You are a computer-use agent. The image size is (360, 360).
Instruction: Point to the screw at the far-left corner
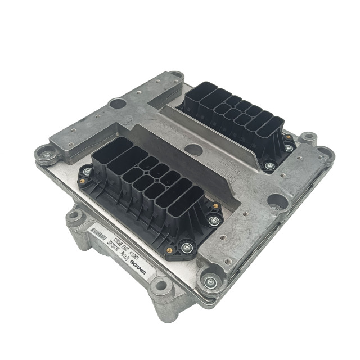(43, 153)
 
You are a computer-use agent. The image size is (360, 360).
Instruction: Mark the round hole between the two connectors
(193, 150)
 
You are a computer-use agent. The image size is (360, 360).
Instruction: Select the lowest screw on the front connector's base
(186, 246)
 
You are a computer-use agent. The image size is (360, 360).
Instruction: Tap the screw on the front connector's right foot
(213, 221)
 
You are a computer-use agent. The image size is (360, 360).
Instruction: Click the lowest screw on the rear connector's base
(269, 166)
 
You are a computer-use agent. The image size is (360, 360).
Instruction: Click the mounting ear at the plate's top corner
(176, 74)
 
